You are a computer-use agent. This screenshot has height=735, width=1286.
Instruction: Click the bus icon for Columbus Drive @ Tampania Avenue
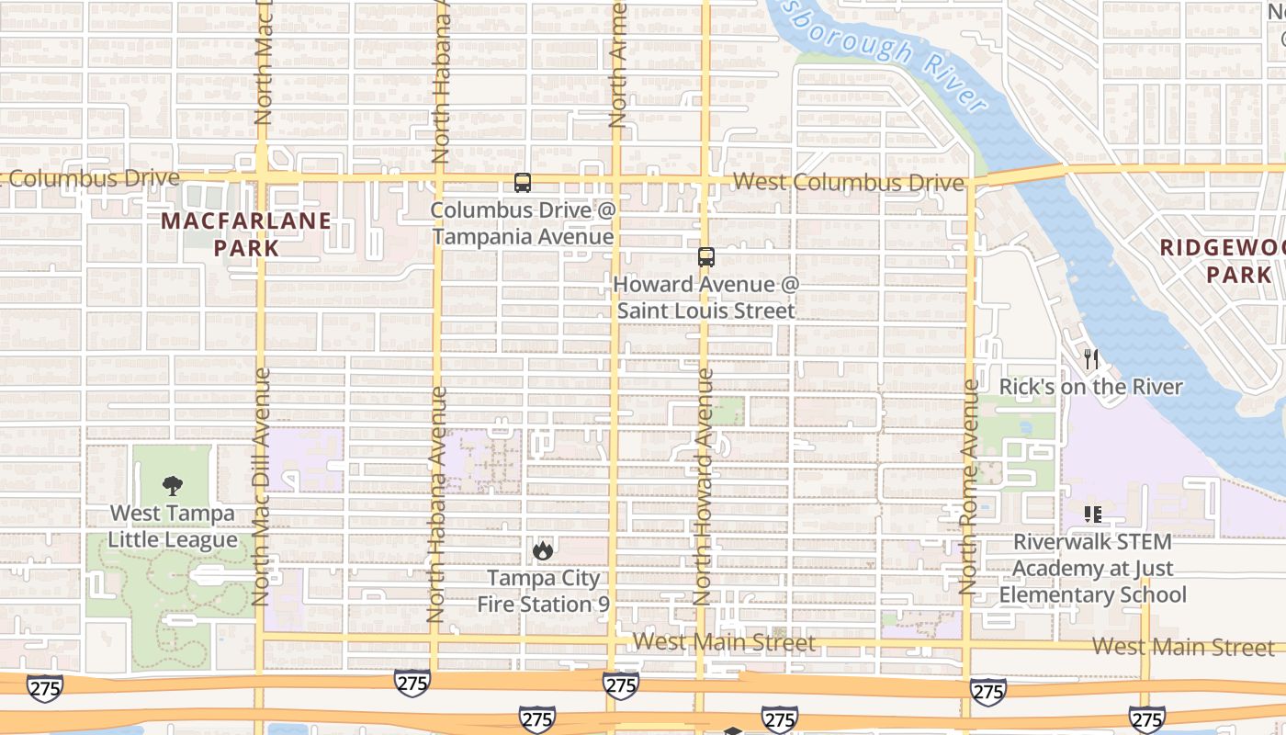tap(522, 183)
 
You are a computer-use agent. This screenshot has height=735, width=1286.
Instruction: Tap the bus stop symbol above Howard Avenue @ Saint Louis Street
tap(705, 257)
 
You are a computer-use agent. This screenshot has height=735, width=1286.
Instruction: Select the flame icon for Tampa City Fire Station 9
tap(543, 550)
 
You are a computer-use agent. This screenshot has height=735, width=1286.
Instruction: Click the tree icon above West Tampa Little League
tap(172, 486)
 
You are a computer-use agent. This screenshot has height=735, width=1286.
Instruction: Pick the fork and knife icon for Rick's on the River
tap(1090, 359)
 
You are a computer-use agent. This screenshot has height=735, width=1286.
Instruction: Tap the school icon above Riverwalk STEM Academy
tap(1092, 514)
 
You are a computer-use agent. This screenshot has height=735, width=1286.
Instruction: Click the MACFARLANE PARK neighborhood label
tap(246, 233)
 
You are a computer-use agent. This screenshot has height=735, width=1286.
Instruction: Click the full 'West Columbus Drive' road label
tap(849, 182)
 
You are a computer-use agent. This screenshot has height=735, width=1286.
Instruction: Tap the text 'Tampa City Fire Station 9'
tap(543, 591)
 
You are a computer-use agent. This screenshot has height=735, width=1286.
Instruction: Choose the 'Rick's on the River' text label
tap(1090, 387)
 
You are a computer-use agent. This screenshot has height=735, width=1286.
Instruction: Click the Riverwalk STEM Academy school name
tap(1092, 569)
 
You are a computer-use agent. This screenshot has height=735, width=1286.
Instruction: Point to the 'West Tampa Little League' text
tap(173, 526)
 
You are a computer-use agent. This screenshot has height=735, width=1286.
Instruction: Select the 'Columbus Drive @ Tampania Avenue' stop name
tap(523, 223)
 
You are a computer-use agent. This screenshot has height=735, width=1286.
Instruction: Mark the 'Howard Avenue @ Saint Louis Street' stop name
tap(705, 298)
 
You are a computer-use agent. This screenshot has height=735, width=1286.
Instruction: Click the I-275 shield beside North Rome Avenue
tap(987, 690)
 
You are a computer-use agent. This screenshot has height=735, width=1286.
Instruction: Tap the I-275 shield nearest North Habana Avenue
tap(412, 683)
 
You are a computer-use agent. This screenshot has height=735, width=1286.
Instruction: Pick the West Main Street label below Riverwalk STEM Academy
tap(1183, 647)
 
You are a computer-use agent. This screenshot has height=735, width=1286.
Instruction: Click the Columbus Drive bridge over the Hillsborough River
tap(1020, 174)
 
